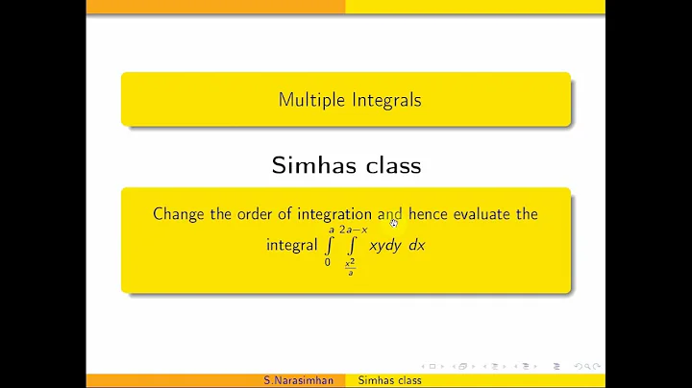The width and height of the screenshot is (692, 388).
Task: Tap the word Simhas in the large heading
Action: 309,164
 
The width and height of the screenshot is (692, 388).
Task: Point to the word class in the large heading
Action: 389,164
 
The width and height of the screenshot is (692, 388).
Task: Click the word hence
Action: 429,213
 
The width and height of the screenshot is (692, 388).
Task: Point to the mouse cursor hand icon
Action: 394,222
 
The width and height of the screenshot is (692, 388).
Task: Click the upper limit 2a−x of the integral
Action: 353,230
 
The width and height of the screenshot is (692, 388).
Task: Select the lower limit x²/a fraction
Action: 351,267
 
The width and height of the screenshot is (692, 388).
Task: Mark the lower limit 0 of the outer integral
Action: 328,262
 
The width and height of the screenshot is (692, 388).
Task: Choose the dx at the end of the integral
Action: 416,245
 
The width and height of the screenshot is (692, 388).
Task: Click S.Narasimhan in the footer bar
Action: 299,380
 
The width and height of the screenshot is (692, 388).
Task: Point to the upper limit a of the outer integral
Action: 331,230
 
